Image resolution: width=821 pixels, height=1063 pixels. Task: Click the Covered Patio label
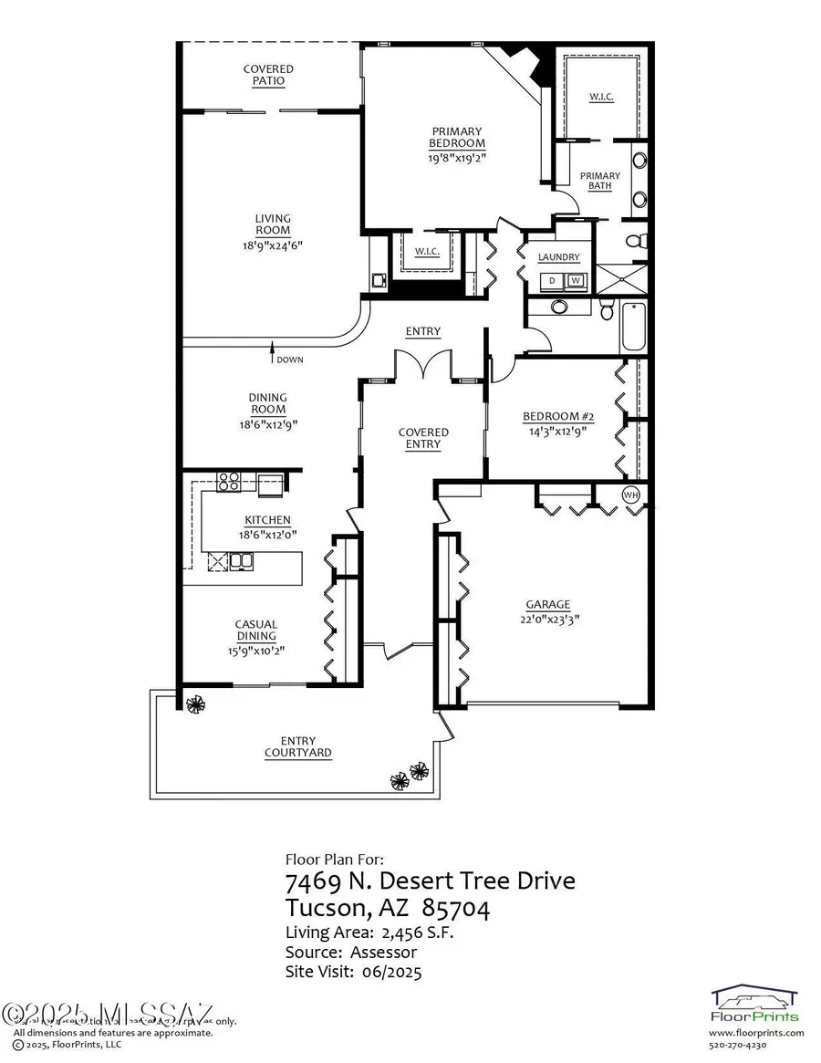point(268,75)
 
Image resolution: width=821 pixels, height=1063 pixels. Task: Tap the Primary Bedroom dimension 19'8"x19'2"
point(457,156)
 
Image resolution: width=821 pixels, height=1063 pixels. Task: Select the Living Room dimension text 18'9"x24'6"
point(273,244)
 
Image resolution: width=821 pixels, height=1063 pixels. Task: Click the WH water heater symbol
point(631,495)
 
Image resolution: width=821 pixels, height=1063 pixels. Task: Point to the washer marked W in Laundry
point(576,280)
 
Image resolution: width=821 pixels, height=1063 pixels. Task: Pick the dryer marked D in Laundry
point(551,280)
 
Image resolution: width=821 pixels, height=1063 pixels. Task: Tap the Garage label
point(547,604)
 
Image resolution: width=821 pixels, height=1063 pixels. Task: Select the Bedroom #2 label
point(558,417)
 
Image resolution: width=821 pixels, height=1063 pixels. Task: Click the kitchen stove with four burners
point(228,481)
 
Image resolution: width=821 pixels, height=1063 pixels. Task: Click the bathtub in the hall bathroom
point(633,328)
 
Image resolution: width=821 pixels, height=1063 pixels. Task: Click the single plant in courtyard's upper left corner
point(194,703)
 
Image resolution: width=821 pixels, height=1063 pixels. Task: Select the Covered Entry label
point(423,438)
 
